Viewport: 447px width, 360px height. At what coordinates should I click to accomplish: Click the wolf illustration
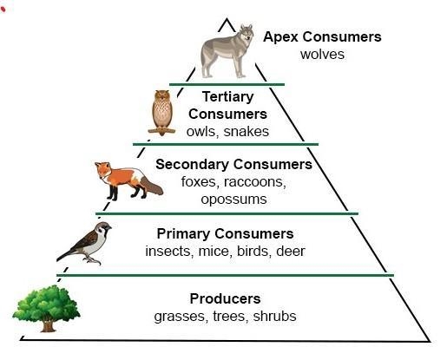coord(227,51)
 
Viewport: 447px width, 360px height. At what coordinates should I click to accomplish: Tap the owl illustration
coord(161,113)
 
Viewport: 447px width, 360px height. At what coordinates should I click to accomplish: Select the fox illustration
coord(128,181)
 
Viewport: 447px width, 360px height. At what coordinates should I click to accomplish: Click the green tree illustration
coord(46,309)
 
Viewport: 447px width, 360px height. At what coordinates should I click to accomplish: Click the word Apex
coord(280,37)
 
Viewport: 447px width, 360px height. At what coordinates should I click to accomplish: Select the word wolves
coord(322,55)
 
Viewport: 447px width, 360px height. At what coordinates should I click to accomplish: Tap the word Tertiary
coord(228,97)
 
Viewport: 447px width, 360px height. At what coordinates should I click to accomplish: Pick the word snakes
coord(247,132)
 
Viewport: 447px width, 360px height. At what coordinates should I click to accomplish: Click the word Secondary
coord(192,164)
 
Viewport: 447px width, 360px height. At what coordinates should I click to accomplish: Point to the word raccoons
coord(255,182)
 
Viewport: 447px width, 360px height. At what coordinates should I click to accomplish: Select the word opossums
coord(233,200)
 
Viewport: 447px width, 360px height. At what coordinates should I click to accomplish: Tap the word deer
coord(291,251)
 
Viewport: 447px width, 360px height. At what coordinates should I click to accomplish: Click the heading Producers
coord(225,298)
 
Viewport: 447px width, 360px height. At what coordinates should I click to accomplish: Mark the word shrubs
coord(274,316)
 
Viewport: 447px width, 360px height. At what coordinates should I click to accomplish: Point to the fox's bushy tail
coord(151,186)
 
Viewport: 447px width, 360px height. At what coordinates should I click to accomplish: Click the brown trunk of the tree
coord(48,324)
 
